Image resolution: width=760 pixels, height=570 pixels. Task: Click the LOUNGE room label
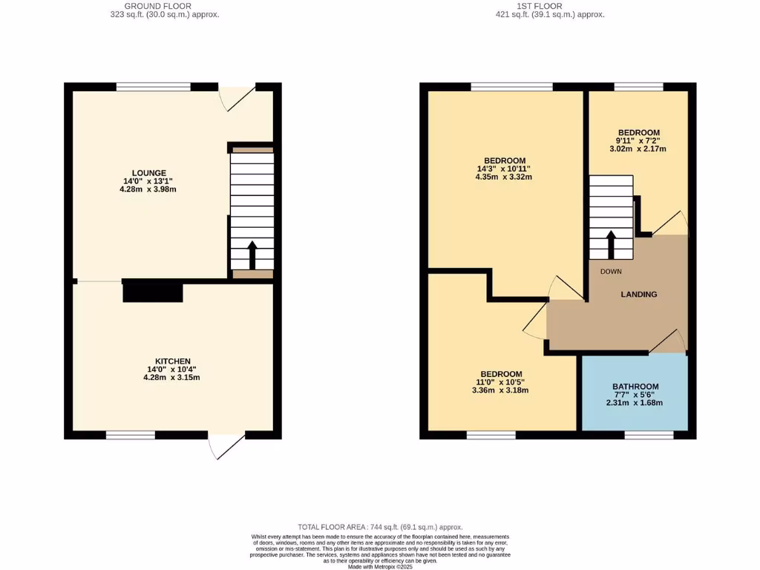[x=149, y=172]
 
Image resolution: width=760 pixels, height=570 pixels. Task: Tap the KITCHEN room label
[x=171, y=361]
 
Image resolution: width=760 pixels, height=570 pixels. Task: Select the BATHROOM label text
[x=635, y=387]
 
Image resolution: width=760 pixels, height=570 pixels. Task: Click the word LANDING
[x=638, y=295]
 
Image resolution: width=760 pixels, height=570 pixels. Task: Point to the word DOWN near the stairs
[x=611, y=272]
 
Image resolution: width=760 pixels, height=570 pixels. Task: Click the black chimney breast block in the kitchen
[x=152, y=291]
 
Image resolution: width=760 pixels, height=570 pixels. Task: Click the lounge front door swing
[x=239, y=98]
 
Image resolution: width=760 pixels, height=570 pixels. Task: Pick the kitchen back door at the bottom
[x=226, y=446]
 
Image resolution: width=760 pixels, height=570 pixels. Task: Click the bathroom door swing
[x=669, y=341]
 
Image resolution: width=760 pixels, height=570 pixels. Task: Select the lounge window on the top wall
[x=153, y=87]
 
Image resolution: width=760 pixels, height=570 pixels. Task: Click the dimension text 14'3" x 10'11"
[x=505, y=169]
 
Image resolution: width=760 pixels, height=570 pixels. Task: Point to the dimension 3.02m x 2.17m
[x=637, y=148]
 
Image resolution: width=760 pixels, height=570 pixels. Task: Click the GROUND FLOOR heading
[x=152, y=6]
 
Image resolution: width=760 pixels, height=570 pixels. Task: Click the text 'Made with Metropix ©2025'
[x=380, y=566]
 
